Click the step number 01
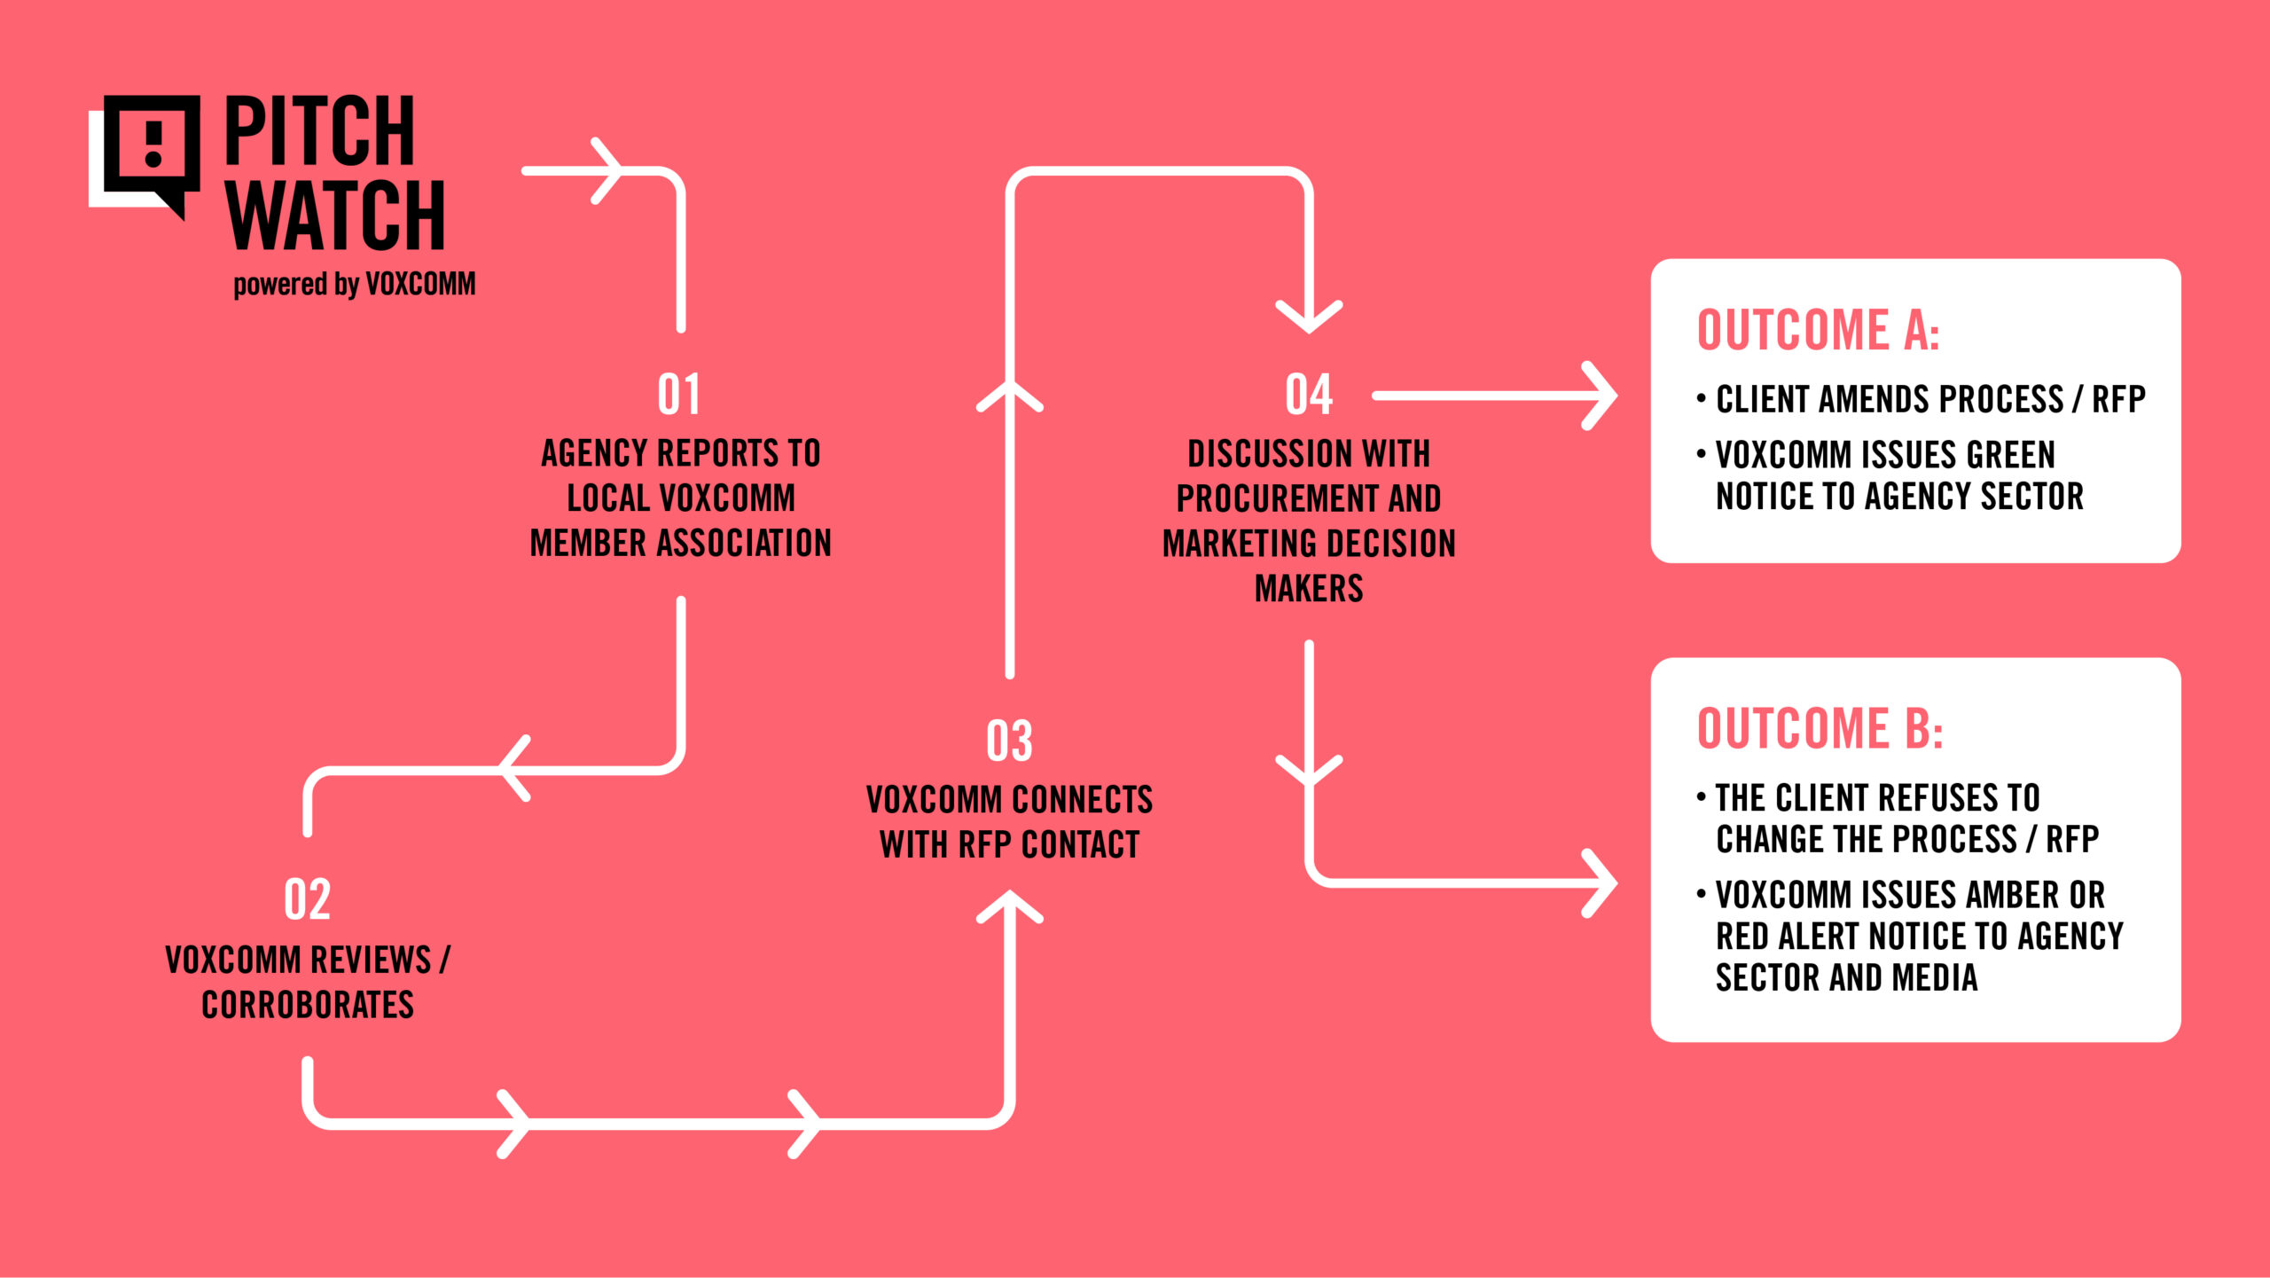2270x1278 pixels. (x=679, y=395)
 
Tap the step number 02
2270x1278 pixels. (x=308, y=899)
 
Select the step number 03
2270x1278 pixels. (x=1009, y=741)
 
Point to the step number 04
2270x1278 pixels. (x=1309, y=395)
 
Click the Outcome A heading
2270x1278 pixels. (x=1818, y=330)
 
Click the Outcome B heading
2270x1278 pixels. (x=1820, y=729)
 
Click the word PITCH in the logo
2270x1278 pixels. (x=319, y=130)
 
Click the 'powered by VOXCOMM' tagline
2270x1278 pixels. (x=355, y=285)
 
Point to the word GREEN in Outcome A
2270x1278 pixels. (x=2010, y=455)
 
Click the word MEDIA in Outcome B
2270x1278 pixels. (x=1934, y=977)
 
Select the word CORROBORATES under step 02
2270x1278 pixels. (x=308, y=1005)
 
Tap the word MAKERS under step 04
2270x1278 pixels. (x=1309, y=588)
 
